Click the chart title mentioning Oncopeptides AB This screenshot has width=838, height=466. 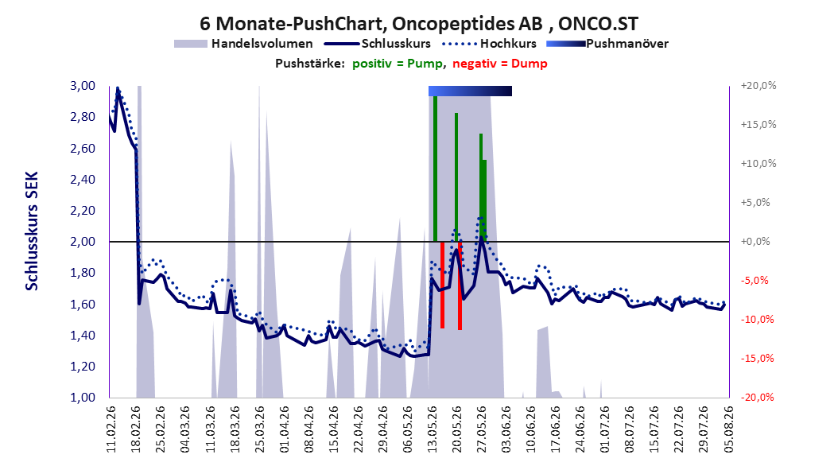point(418,24)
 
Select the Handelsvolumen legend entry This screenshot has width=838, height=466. point(244,44)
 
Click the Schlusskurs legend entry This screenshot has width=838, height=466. point(378,44)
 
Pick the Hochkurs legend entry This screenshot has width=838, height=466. point(489,44)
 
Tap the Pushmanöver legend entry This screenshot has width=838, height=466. point(607,44)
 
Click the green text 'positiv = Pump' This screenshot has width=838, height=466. point(398,64)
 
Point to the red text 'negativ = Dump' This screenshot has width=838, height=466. point(500,64)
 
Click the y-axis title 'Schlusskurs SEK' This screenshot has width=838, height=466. point(32,231)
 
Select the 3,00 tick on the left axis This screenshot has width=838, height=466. point(83,86)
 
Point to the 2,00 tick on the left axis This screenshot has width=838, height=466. point(83,242)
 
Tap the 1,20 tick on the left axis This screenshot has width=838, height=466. point(83,367)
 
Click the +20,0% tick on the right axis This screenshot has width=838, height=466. point(758,86)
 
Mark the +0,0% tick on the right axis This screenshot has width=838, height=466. point(755,242)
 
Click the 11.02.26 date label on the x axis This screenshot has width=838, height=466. point(111,429)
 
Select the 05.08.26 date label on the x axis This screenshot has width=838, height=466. point(728,429)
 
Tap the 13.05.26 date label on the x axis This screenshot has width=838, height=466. point(433,429)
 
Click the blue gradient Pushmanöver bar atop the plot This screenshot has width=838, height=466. point(471,91)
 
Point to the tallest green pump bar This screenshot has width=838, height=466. point(435,169)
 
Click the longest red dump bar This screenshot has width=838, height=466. point(460,286)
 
